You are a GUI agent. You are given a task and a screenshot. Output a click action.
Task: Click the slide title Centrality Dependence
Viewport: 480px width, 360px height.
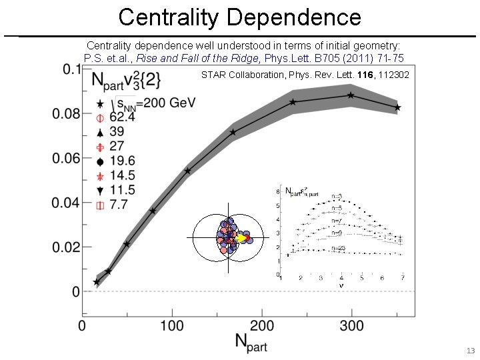pos(240,17)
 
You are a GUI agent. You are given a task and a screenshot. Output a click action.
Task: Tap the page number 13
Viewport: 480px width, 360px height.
pos(470,351)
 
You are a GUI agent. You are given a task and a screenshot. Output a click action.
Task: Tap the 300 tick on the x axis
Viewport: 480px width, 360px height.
pos(351,325)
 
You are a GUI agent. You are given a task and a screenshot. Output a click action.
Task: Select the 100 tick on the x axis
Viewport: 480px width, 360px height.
pos(171,325)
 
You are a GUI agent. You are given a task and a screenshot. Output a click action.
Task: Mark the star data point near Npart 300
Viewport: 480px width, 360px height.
pos(351,95)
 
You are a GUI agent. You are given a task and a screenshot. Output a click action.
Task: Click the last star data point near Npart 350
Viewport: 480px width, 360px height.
pos(397,107)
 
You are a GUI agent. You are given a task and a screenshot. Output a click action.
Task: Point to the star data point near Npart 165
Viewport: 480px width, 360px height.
pos(233,133)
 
